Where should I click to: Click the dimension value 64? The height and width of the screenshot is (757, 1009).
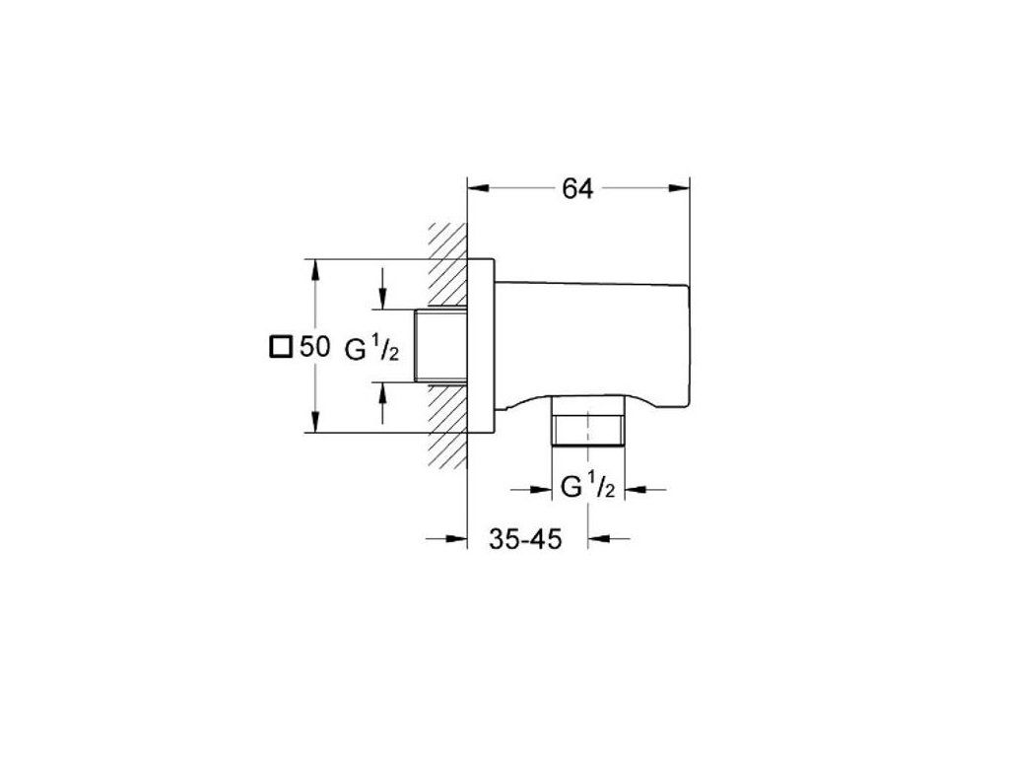coord(577,188)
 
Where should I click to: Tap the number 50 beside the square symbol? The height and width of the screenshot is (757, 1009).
coord(314,347)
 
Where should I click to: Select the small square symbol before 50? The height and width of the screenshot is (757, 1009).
coord(281,347)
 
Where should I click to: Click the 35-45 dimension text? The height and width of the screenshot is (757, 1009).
coord(525,539)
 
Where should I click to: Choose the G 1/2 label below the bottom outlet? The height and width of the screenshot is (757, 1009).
coord(588,487)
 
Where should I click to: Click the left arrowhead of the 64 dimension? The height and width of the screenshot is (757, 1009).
coord(479,188)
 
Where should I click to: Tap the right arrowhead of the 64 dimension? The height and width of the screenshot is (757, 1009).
coord(678,188)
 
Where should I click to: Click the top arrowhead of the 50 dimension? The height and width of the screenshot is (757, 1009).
coord(314,270)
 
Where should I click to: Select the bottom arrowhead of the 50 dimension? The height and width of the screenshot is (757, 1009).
coord(314,422)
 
